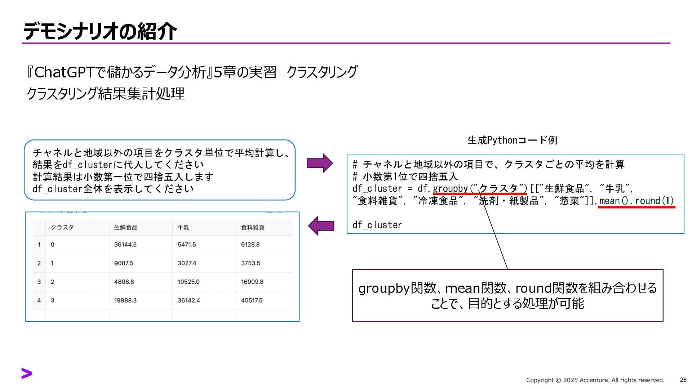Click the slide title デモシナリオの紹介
[x=100, y=31]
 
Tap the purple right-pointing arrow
[x=320, y=163]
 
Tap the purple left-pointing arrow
[x=321, y=226]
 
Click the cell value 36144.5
[x=125, y=245]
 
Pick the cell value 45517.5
[x=252, y=300]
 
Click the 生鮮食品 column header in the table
[x=126, y=228]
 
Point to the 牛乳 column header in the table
[x=183, y=228]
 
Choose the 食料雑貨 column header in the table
[x=253, y=228]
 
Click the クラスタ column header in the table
[x=62, y=228]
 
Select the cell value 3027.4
[x=187, y=263]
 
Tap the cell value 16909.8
[x=252, y=282]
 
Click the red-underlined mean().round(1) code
[x=636, y=201]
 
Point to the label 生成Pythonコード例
[x=512, y=140]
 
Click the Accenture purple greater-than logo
[x=27, y=374]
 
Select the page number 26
[x=683, y=380]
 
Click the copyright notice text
[x=595, y=380]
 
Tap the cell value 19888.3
[x=125, y=300]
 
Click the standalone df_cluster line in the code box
[x=377, y=225]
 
